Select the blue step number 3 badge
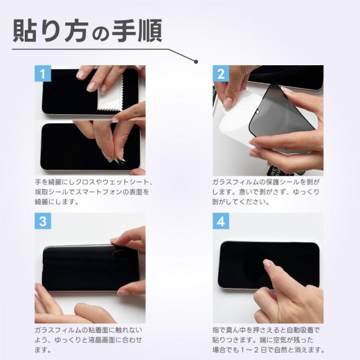click(43, 221)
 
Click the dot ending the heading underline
click(196, 61)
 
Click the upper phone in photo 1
click(62, 90)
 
